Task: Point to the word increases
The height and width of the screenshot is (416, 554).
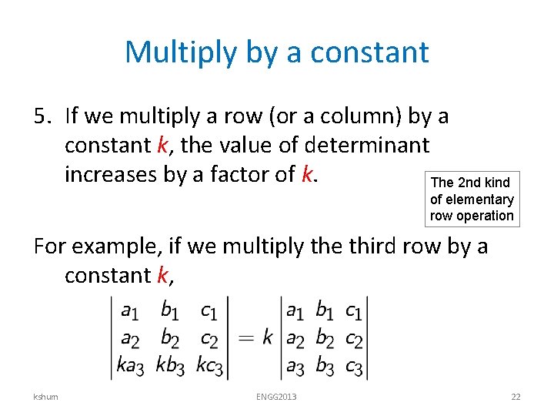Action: click(111, 175)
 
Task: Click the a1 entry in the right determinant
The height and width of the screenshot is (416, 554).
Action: click(295, 310)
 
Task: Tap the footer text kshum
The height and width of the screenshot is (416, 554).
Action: click(45, 397)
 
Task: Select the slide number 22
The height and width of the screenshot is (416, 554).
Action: click(516, 397)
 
